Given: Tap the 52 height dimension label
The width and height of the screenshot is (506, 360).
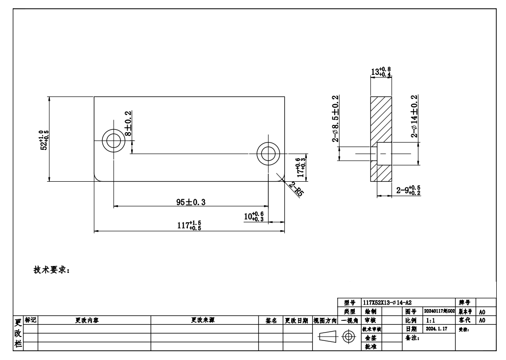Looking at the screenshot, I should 45,140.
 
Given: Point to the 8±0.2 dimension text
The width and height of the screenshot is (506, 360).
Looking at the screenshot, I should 128,123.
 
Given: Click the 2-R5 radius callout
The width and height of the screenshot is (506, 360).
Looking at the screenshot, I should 296,189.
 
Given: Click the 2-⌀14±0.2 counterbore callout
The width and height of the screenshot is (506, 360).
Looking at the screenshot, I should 414,117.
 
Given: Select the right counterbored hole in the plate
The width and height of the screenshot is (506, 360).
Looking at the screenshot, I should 268,154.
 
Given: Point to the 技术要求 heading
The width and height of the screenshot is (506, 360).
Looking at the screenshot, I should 52,270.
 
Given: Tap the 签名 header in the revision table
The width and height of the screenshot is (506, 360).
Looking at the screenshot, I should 271,320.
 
